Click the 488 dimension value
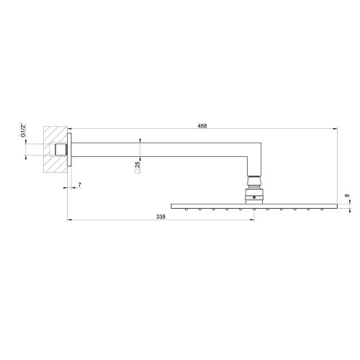pos(202,125)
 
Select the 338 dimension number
pos(161,215)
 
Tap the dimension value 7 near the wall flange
pos(79,186)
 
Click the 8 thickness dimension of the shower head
pos(346,195)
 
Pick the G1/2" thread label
pos(24,130)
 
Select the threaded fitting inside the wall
pos(61,150)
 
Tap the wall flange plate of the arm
pos(71,150)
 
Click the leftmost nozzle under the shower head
pos(186,210)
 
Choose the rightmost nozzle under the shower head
pos(323,210)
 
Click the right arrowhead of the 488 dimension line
pos(335,130)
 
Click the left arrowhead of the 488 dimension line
pos(71,130)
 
